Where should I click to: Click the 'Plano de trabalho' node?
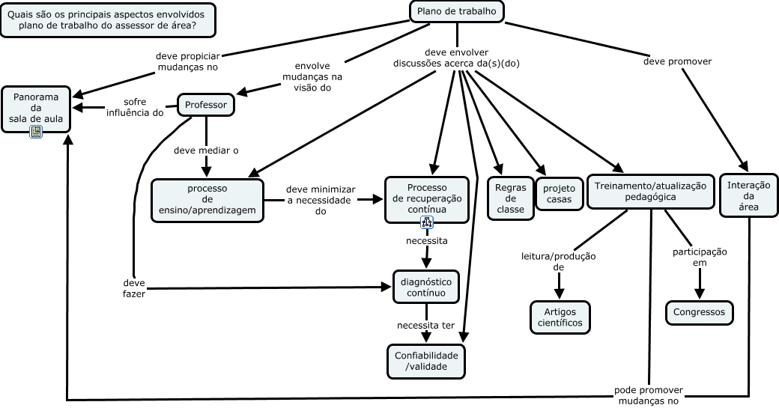click(x=456, y=10)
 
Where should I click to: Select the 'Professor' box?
click(x=205, y=105)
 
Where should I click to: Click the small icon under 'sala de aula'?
click(x=36, y=132)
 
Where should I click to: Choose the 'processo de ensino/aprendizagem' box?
click(x=207, y=200)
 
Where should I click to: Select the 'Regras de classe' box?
click(x=510, y=198)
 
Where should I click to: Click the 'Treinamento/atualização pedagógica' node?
click(x=650, y=191)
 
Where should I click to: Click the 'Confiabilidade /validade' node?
click(x=426, y=361)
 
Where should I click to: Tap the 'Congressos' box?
click(x=699, y=311)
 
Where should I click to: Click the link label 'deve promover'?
click(x=677, y=61)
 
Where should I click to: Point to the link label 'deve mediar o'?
click(x=206, y=150)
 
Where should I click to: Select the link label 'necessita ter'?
click(x=426, y=326)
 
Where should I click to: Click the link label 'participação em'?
click(x=699, y=257)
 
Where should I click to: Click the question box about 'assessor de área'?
click(x=108, y=20)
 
